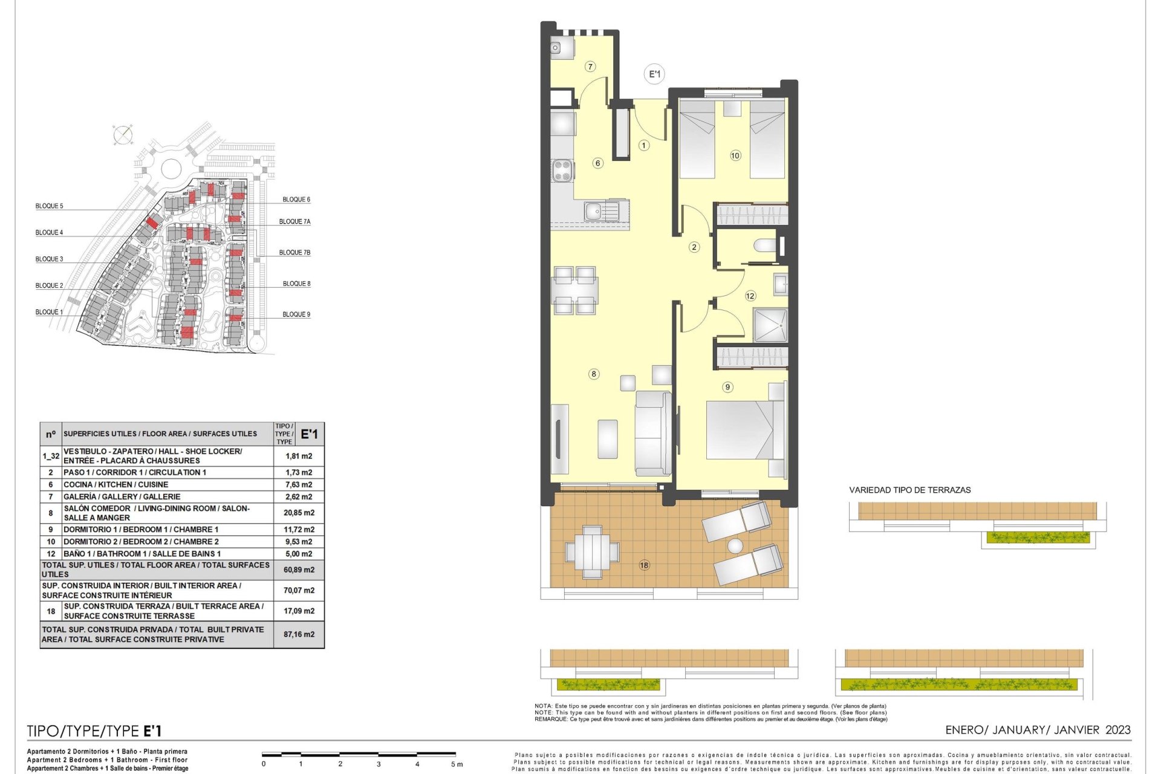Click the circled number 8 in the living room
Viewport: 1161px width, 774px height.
594,374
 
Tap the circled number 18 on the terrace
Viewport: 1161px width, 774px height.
644,565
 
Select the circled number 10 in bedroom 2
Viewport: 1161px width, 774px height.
735,155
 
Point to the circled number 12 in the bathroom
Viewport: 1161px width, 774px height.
750,296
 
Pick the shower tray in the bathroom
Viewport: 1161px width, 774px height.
770,325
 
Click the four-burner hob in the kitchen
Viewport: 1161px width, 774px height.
562,170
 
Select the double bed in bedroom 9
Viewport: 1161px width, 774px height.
746,429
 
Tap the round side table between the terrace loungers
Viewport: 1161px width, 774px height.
735,546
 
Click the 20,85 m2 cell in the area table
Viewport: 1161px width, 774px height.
299,513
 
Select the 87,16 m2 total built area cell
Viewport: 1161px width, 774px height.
299,634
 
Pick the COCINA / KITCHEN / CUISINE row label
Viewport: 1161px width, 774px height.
115,484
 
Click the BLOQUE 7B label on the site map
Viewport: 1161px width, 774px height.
294,253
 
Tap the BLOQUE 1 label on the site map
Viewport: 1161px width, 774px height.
49,312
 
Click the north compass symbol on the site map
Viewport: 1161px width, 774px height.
123,135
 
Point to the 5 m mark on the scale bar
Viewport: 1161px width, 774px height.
457,764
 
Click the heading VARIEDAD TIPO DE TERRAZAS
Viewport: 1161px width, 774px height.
909,490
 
